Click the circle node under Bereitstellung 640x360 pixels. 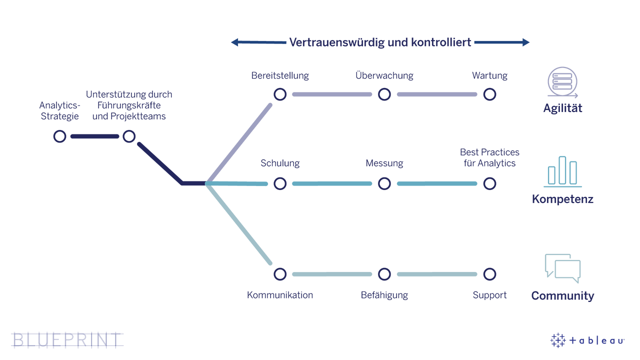click(x=280, y=94)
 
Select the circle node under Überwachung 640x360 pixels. click(x=384, y=94)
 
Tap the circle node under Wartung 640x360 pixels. click(x=489, y=94)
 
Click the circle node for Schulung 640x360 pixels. click(x=280, y=184)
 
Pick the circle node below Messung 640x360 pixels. click(x=384, y=184)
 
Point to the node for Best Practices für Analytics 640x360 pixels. click(x=489, y=184)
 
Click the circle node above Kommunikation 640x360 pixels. click(x=280, y=274)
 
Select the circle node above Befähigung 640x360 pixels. click(x=384, y=274)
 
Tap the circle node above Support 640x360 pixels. click(x=489, y=274)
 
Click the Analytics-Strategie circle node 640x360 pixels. click(x=59, y=136)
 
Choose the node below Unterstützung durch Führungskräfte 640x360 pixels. click(x=129, y=136)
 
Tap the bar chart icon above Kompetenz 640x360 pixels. click(x=562, y=171)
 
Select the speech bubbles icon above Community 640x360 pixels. click(x=562, y=268)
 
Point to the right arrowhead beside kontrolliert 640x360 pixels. click(x=526, y=42)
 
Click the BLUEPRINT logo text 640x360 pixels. click(x=67, y=340)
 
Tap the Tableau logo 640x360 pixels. click(x=587, y=340)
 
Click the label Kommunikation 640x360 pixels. click(x=280, y=295)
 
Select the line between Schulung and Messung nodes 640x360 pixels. click(x=332, y=184)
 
